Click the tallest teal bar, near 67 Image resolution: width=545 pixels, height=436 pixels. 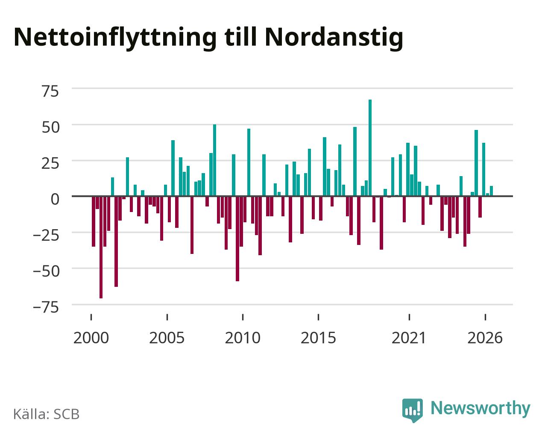pyautogui.click(x=370, y=148)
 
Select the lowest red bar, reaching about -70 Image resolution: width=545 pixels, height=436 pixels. pyautogui.click(x=101, y=247)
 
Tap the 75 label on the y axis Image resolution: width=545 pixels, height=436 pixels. pyautogui.click(x=50, y=91)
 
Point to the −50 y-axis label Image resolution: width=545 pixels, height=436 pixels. pyautogui.click(x=47, y=271)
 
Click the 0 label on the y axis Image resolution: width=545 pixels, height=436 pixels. pyautogui.click(x=55, y=199)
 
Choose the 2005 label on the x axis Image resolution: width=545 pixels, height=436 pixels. pyautogui.click(x=167, y=338)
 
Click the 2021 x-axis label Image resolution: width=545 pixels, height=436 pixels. pyautogui.click(x=409, y=338)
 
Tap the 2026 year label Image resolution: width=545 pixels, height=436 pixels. pyautogui.click(x=485, y=338)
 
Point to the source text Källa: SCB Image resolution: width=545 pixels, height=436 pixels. pyautogui.click(x=47, y=414)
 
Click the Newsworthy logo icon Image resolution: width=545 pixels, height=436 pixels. pyautogui.click(x=413, y=410)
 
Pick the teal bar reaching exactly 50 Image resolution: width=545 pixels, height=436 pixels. pyautogui.click(x=214, y=160)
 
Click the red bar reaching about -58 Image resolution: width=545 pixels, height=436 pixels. pyautogui.click(x=237, y=239)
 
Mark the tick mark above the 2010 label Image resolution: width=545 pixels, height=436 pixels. pyautogui.click(x=243, y=317)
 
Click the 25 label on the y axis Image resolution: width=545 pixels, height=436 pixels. pyautogui.click(x=50, y=163)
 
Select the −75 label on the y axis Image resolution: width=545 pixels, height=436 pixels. pyautogui.click(x=47, y=307)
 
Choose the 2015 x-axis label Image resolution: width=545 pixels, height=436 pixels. pyautogui.click(x=318, y=338)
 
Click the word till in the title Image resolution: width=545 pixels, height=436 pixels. pyautogui.click(x=240, y=37)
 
